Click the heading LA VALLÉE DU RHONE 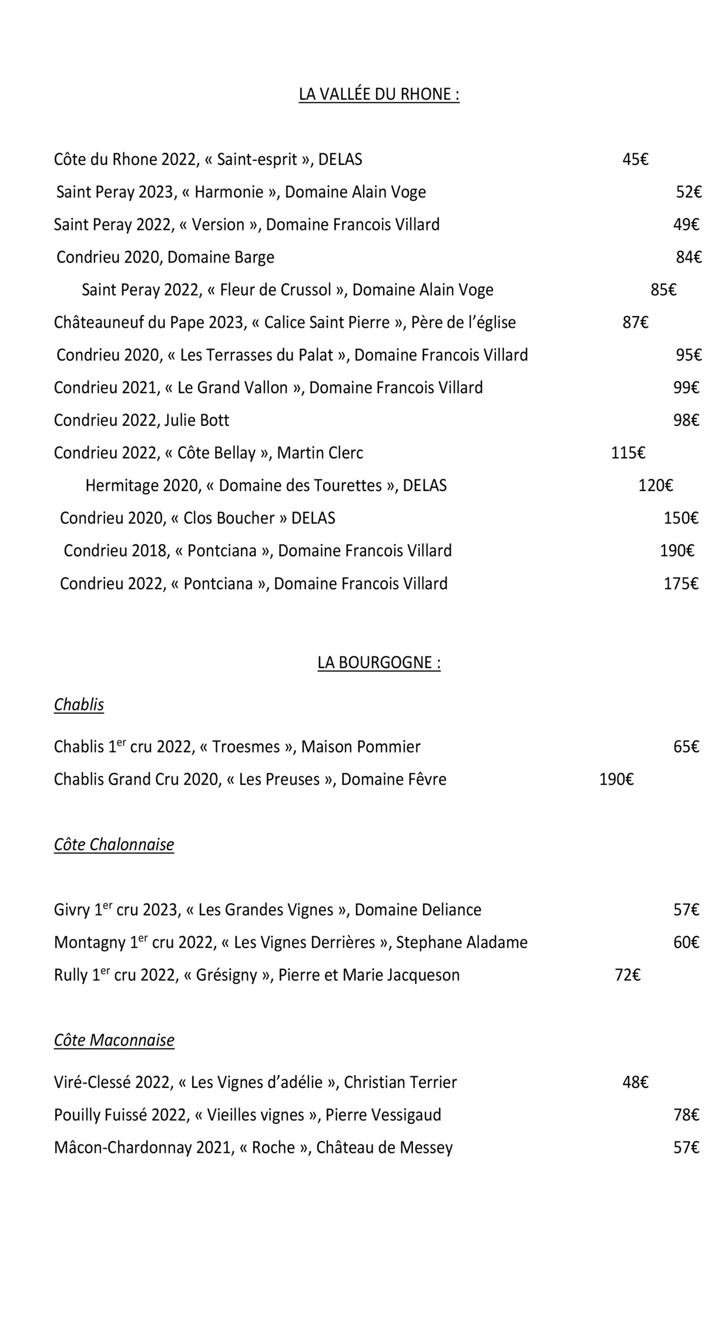pos(379,94)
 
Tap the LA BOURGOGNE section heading pos(379,663)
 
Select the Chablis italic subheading pos(79,704)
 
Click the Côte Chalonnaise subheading pos(114,844)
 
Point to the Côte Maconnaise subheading pos(114,1039)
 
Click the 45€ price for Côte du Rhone pos(635,159)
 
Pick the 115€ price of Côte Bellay pos(628,453)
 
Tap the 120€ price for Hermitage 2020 pos(655,485)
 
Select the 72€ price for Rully pos(627,975)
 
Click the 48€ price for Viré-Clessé pos(635,1082)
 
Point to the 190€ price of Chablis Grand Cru pos(616,779)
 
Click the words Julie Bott pos(196,420)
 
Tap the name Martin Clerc pos(320,453)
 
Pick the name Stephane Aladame pos(461,942)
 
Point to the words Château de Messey pos(384,1147)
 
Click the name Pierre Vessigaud pos(383,1115)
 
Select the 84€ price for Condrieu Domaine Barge pos(688,257)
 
